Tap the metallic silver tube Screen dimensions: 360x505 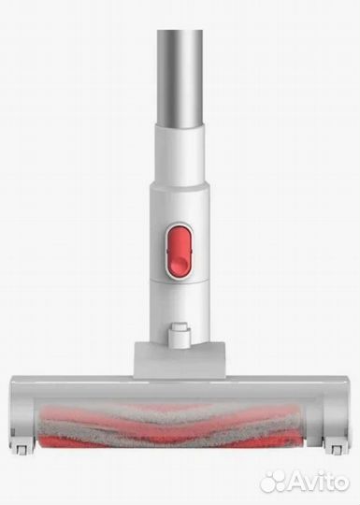coord(180,79)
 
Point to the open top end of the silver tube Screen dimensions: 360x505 coord(180,31)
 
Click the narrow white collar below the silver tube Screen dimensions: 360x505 coord(180,154)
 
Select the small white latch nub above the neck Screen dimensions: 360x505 coord(180,335)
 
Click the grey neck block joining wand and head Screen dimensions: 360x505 coord(180,360)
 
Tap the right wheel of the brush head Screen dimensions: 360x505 coord(335,447)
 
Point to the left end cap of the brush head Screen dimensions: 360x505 coord(22,415)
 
